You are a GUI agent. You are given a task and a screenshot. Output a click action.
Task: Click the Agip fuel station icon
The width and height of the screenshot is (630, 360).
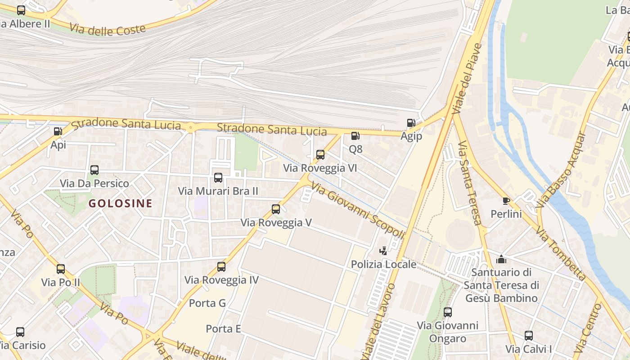pos(411,122)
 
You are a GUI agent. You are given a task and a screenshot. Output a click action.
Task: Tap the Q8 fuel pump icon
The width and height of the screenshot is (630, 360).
pos(355,135)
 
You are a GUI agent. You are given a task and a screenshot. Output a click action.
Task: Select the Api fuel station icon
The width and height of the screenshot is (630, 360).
pos(58,131)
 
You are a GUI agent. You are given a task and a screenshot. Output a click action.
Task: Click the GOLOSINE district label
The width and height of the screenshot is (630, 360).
pos(120,203)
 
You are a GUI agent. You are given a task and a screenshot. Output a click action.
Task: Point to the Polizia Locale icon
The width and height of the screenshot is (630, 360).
pos(383,251)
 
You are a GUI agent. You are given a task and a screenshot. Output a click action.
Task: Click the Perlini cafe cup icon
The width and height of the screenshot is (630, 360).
pos(506,201)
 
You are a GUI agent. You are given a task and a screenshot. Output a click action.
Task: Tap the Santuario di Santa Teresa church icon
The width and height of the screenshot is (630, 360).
pos(501,259)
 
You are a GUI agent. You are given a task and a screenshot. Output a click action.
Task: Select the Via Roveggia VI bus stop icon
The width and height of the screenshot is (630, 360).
pos(320,155)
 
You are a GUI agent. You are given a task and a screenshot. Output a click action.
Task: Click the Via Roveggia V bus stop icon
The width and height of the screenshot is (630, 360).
pos(276,209)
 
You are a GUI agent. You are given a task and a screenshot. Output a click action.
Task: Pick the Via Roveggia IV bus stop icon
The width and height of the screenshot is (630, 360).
pos(221,267)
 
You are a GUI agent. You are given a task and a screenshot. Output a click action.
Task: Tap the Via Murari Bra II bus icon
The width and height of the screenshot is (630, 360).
pos(218,178)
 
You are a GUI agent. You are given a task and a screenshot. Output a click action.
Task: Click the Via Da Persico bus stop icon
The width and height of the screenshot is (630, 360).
pos(94,170)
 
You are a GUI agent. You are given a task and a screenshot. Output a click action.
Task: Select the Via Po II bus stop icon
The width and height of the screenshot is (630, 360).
pos(61,269)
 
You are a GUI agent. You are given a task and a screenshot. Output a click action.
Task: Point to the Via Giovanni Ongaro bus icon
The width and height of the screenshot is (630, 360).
pos(447,312)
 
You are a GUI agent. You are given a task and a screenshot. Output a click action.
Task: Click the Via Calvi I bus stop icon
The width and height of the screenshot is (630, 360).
pos(529,336)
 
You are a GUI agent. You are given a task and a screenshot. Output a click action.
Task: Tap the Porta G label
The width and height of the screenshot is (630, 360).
pos(207,303)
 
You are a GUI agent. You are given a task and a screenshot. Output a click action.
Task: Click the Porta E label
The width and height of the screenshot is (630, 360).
pos(223,329)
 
